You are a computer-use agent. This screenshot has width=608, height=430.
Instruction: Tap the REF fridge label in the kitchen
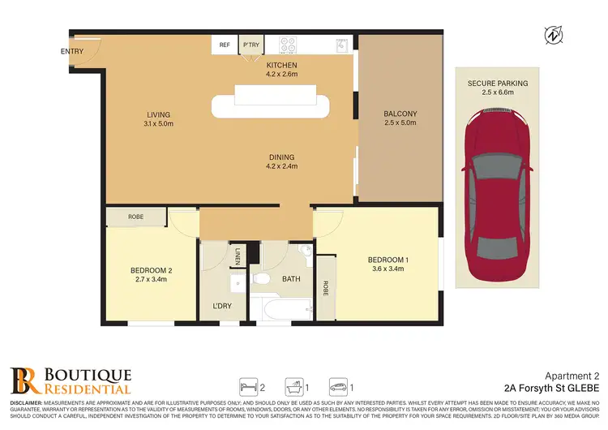(x=225, y=46)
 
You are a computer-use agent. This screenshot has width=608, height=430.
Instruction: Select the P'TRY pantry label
(x=249, y=46)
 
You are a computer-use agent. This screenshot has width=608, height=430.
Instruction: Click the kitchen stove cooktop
(x=290, y=45)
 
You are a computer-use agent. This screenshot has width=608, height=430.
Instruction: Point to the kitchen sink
(x=343, y=46)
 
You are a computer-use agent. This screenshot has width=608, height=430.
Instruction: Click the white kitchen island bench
(x=272, y=105)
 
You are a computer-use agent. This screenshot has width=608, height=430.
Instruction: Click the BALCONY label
(x=400, y=114)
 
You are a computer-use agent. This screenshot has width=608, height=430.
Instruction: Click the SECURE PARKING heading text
(x=497, y=84)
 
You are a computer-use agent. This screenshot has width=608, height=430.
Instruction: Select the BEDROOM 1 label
(x=388, y=260)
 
